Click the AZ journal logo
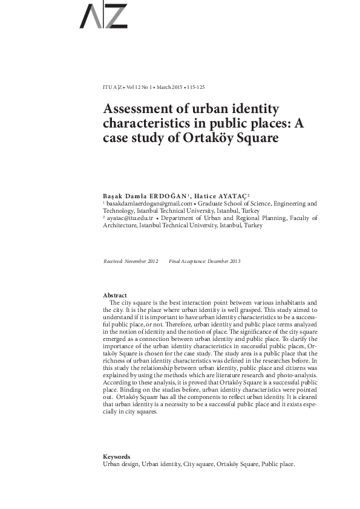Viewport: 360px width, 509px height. (x=103, y=16)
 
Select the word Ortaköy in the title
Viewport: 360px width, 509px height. (x=232, y=137)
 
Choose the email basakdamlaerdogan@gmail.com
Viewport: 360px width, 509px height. (x=143, y=204)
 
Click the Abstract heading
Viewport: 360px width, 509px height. (x=115, y=295)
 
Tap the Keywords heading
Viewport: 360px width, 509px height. (x=117, y=457)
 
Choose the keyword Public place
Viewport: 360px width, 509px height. (x=278, y=464)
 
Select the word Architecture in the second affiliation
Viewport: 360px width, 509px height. (x=120, y=225)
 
